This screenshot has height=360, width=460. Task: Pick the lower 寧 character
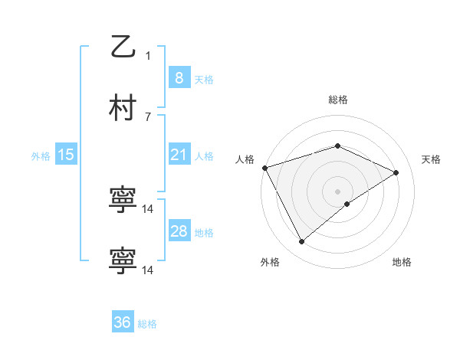123,260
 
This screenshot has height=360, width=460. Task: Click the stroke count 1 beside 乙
148,55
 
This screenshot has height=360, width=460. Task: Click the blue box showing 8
179,77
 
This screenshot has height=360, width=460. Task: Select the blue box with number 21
179,155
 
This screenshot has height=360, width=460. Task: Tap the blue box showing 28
179,231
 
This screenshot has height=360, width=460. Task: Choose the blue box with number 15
66,155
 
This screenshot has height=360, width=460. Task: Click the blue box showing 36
123,322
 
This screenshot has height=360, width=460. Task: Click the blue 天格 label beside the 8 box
204,79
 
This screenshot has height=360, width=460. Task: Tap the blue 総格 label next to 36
147,324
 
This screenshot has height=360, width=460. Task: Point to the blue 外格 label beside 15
41,156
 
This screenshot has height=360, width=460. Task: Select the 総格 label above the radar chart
338,100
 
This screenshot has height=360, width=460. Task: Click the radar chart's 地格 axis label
402,263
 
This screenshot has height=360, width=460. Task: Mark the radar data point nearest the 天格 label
396,172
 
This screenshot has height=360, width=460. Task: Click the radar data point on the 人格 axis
264,168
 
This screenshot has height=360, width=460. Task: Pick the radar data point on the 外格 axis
301,242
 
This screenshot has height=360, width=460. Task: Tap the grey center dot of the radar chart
338,191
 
